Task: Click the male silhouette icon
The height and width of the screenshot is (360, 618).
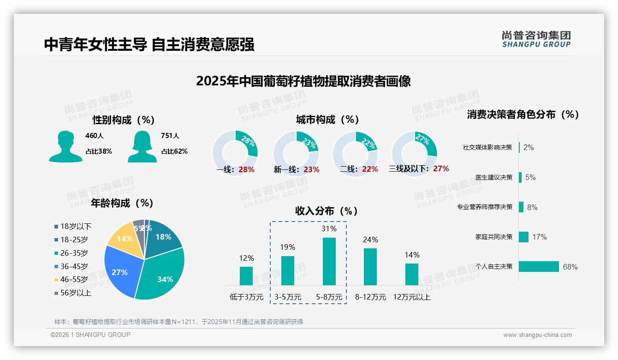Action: pos(65,146)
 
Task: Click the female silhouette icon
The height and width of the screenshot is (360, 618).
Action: pos(142,146)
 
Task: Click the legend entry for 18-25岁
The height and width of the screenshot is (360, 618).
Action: pos(73,240)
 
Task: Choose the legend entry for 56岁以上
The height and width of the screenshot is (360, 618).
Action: pos(75,293)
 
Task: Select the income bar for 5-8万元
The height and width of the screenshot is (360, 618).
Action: pos(329,261)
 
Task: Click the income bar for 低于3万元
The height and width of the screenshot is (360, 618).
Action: pos(246,276)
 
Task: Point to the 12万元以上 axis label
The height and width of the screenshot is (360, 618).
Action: pos(411,297)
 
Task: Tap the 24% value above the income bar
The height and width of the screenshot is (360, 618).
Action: pos(370,240)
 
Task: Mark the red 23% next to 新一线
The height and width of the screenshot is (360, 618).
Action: pos(311,169)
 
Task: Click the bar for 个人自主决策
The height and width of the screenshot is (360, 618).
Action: pos(539,266)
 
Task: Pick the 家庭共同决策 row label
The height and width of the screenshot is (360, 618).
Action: pos(493,237)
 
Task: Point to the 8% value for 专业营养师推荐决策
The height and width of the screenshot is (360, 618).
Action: pos(532,207)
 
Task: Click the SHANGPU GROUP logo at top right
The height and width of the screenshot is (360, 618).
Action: pos(536,39)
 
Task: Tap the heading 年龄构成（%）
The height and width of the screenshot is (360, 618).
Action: pos(122,203)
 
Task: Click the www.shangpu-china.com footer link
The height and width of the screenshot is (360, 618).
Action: pos(537,335)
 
